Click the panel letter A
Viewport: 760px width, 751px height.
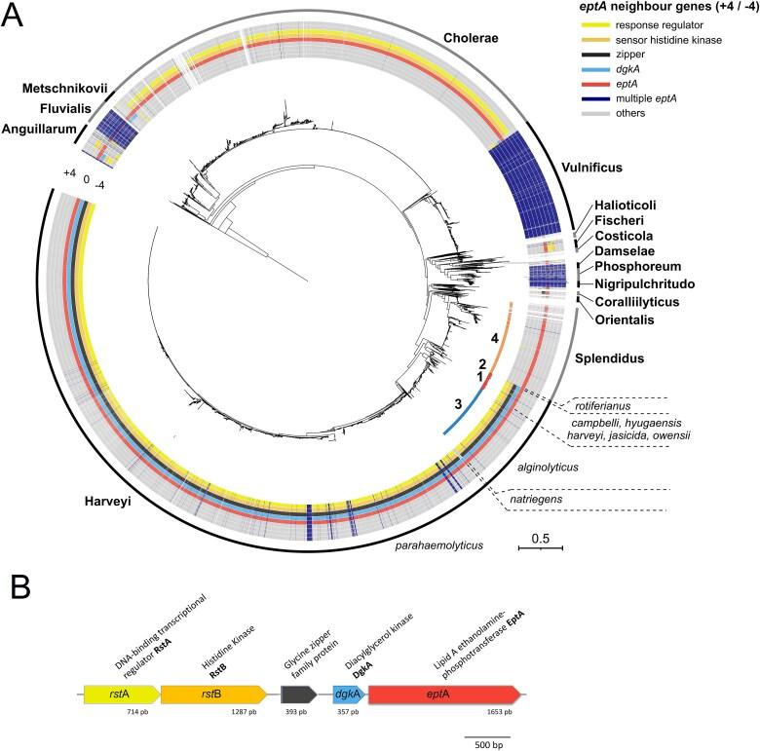(16, 18)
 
